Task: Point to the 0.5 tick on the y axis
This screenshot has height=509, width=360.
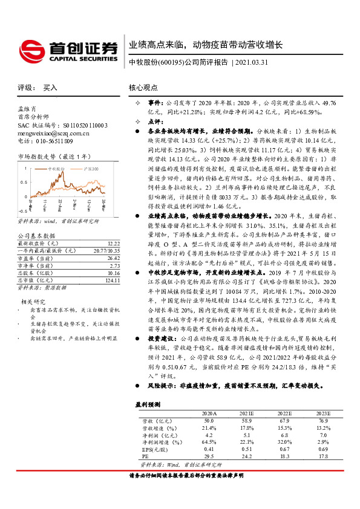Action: (23, 179)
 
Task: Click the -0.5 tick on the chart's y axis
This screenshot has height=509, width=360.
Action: (22, 210)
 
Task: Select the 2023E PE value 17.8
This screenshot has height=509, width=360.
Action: (322, 456)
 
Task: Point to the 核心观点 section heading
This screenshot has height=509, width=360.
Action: (144, 88)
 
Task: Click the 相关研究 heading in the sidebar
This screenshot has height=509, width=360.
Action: (33, 301)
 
